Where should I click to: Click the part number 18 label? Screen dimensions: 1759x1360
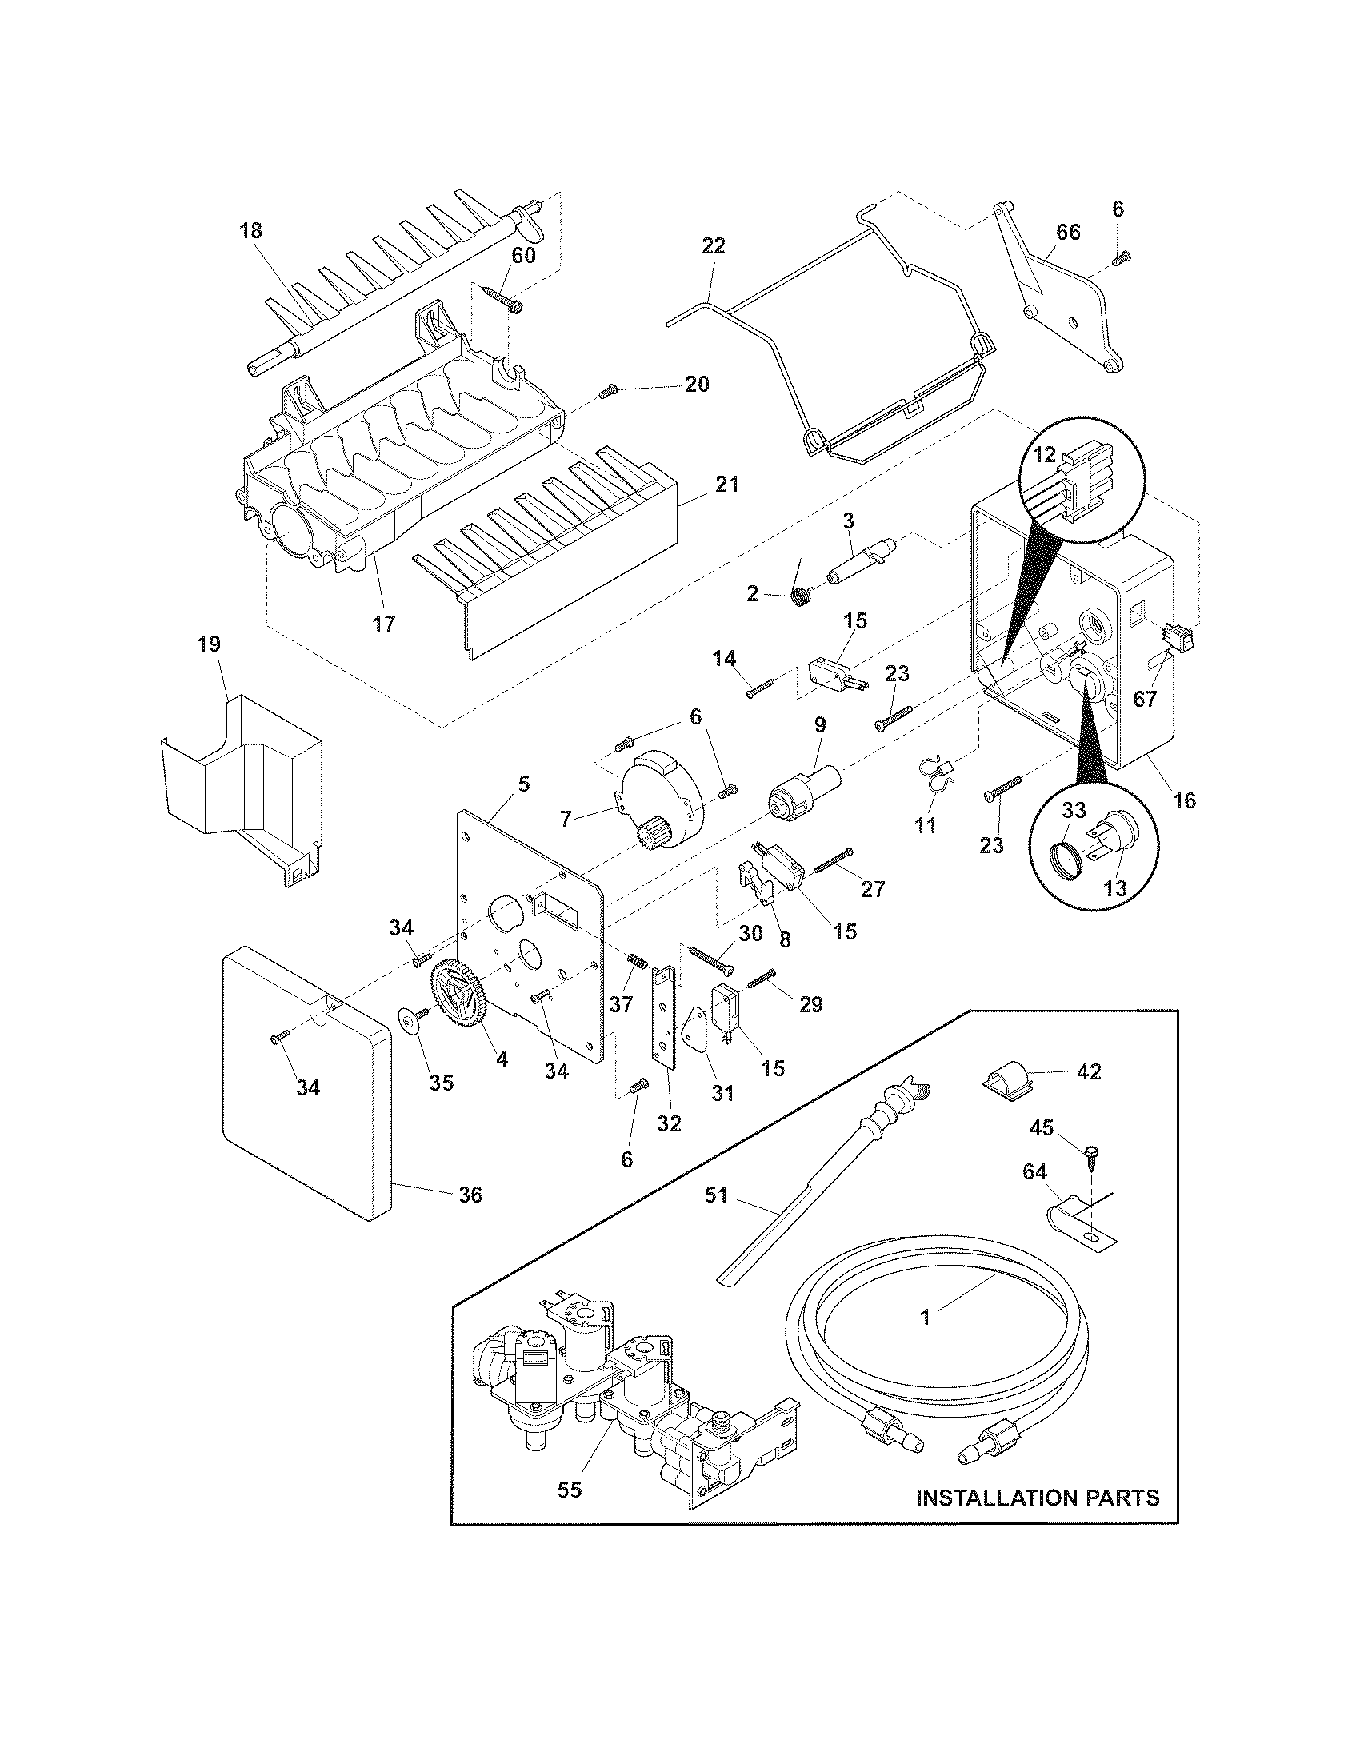(x=250, y=231)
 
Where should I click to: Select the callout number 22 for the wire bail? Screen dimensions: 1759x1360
(x=713, y=245)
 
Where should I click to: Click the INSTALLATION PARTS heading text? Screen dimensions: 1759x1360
(x=1038, y=1498)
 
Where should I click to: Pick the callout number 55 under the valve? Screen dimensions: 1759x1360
(x=569, y=1490)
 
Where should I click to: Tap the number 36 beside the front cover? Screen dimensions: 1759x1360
(x=470, y=1217)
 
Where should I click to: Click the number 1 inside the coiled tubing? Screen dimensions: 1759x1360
(x=925, y=1317)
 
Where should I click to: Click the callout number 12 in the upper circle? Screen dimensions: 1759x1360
(x=1044, y=455)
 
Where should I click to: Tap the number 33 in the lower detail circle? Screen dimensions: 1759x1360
(x=1074, y=812)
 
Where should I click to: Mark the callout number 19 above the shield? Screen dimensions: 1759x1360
(x=208, y=644)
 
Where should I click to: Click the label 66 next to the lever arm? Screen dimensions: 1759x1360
(x=1067, y=233)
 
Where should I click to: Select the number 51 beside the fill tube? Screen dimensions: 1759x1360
(x=715, y=1218)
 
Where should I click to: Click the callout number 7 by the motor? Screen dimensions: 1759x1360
(x=566, y=818)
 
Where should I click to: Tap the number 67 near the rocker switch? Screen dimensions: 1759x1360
(x=1145, y=698)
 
